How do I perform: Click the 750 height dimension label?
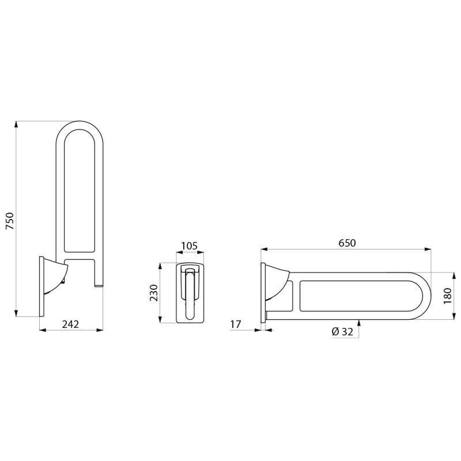(x=10, y=221)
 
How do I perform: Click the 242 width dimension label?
(x=70, y=324)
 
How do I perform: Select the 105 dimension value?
(x=189, y=246)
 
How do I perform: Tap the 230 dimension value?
(x=153, y=293)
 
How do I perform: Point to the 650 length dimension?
(x=347, y=243)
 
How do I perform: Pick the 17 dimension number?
(x=235, y=324)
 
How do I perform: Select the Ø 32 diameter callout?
(x=342, y=331)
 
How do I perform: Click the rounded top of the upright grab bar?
(x=80, y=126)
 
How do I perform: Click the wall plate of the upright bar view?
(x=41, y=286)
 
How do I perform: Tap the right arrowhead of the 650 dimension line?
(x=429, y=250)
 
